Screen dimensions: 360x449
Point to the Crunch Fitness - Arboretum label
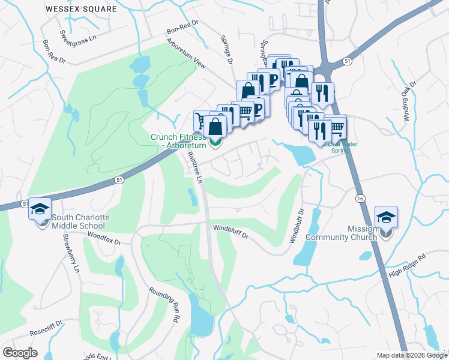[x=178, y=141]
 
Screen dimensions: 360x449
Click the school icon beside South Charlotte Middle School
[x=40, y=208]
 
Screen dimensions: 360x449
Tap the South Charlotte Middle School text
[x=77, y=221]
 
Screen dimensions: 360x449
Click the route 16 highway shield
[x=360, y=199]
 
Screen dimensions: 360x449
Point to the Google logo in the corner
[x=20, y=353]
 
